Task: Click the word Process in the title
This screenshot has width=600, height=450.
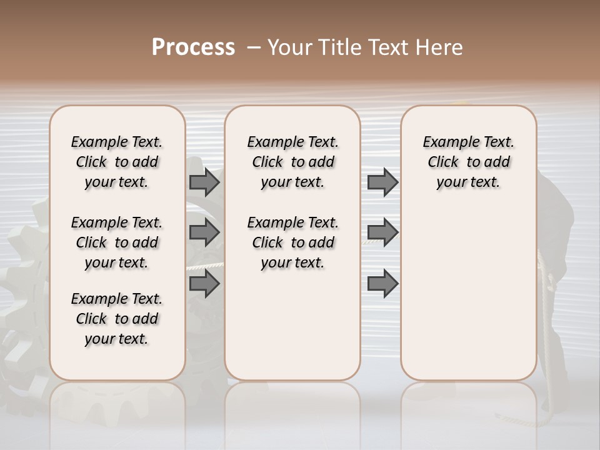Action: pos(193,47)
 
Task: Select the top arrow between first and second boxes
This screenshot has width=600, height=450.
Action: pos(204,182)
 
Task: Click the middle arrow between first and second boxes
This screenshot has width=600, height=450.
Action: pos(204,232)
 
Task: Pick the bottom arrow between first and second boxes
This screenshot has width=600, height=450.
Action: pos(204,284)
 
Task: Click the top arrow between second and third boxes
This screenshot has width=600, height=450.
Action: pos(382,182)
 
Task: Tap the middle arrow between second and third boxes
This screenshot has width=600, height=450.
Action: pos(382,232)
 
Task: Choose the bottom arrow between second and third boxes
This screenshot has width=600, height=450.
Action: pos(382,284)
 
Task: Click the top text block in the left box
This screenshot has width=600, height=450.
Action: pos(117,162)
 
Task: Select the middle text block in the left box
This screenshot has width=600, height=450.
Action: pos(117,242)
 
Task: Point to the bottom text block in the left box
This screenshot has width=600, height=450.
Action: pos(117,319)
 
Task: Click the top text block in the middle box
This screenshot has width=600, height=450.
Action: pos(293,162)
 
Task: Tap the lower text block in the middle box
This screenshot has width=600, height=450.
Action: pos(293,242)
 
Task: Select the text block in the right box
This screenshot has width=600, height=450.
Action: pos(469,162)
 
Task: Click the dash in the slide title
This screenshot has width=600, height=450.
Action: pos(254,47)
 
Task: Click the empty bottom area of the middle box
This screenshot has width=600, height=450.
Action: pos(293,331)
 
